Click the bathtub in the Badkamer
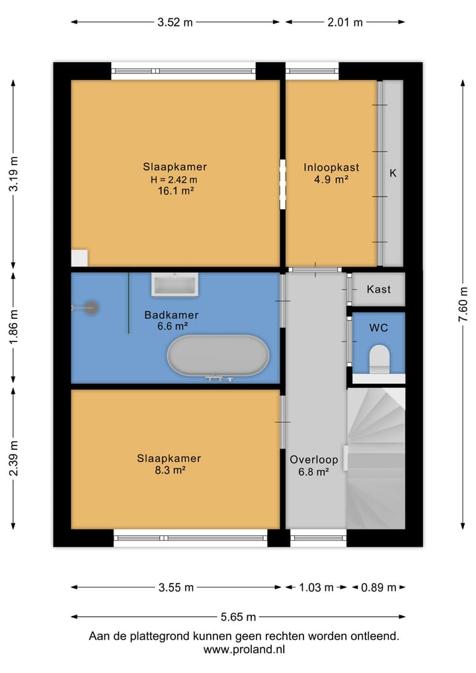click(218, 355)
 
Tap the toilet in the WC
click(379, 359)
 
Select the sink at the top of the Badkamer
click(175, 285)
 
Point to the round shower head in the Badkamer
click(91, 308)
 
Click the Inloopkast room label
click(331, 167)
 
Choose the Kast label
click(379, 289)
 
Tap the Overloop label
click(314, 460)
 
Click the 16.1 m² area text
click(176, 191)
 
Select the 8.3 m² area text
click(170, 470)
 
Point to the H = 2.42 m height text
click(174, 179)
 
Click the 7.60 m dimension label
click(463, 304)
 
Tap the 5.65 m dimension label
click(238, 617)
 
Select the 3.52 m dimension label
click(175, 22)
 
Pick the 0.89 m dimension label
click(379, 587)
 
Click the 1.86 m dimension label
click(13, 327)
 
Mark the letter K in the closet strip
click(393, 173)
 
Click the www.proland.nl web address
click(244, 649)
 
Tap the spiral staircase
click(376, 459)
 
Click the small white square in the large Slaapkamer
click(79, 258)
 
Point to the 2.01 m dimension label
click(345, 22)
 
